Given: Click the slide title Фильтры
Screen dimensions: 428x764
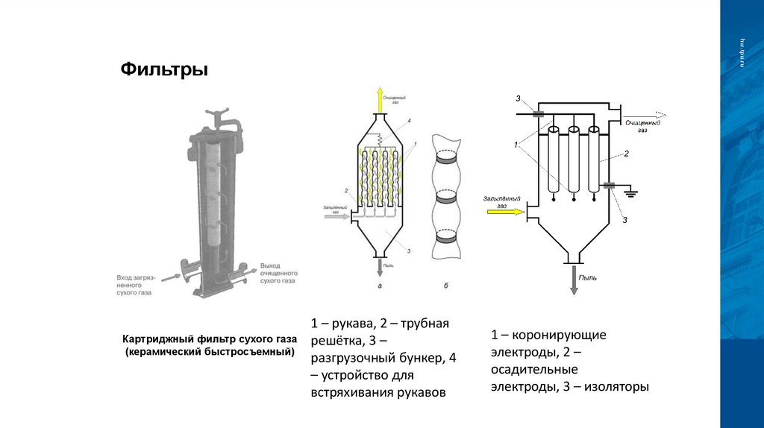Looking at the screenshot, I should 164,70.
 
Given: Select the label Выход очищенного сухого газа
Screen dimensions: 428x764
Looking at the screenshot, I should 279,274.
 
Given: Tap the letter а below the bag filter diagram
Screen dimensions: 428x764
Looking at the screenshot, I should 381,286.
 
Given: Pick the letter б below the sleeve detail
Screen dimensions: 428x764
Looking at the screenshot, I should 445,286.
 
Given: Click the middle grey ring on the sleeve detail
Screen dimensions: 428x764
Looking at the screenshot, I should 446,200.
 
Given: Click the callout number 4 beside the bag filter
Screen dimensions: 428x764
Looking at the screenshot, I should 410,120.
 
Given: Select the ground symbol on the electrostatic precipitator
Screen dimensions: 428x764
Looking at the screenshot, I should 631,192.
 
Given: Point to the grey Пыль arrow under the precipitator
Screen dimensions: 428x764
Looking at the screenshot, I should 574,280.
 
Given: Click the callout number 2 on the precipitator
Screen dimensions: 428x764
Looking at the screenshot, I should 627,154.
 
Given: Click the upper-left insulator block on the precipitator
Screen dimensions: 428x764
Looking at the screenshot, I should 538,113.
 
